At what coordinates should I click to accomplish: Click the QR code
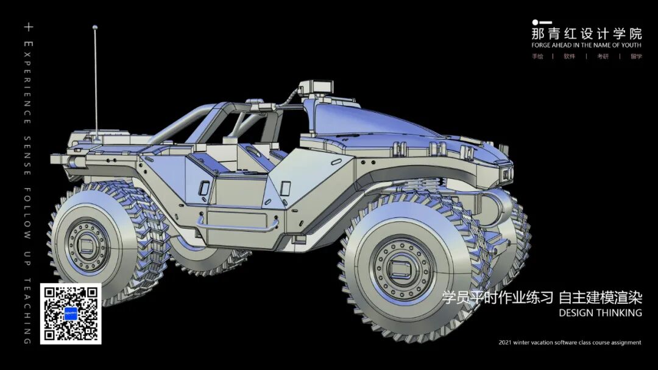[x=71, y=313]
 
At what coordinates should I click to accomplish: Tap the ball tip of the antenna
[x=95, y=27]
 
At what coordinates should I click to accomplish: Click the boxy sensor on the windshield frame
[x=317, y=86]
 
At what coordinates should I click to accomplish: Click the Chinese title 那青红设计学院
[x=587, y=34]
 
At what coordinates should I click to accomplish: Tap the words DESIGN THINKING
[x=600, y=313]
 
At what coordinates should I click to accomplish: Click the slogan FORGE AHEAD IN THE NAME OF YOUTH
[x=586, y=45]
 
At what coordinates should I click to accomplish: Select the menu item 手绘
[x=537, y=56]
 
